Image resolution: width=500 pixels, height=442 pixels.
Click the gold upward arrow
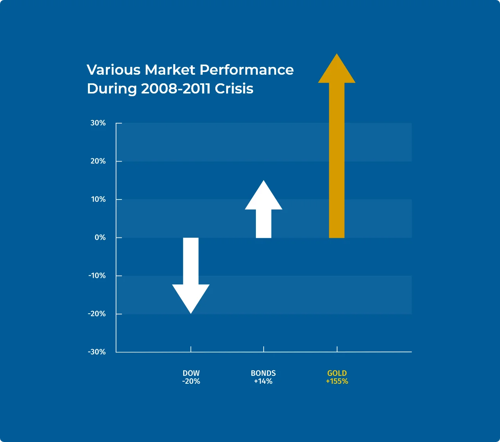point(337,146)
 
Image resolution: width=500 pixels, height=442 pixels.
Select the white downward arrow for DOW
point(191,276)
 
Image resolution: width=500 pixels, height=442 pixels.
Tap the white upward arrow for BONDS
point(264,209)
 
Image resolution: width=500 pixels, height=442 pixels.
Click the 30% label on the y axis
point(98,123)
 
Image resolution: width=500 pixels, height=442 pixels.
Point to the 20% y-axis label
point(98,161)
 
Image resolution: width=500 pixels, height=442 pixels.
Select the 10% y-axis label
point(98,199)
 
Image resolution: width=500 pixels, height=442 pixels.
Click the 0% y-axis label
point(100,237)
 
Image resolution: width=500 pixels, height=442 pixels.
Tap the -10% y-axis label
point(97,276)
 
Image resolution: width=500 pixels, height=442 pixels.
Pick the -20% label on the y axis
point(97,314)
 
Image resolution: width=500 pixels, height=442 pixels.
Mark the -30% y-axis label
point(97,352)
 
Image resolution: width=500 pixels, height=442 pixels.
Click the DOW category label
point(191,373)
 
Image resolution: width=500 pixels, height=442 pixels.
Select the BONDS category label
point(263,373)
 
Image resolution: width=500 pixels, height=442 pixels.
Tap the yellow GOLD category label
point(337,373)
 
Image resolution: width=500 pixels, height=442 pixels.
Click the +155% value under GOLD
point(337,381)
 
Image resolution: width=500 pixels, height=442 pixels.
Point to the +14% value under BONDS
point(263,381)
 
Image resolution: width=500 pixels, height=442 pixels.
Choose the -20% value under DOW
point(191,381)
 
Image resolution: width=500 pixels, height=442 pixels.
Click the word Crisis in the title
point(234,89)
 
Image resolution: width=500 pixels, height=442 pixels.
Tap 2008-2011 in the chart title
point(176,89)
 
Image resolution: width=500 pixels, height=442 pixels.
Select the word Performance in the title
point(246,70)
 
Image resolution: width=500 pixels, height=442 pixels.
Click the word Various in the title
point(114,70)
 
